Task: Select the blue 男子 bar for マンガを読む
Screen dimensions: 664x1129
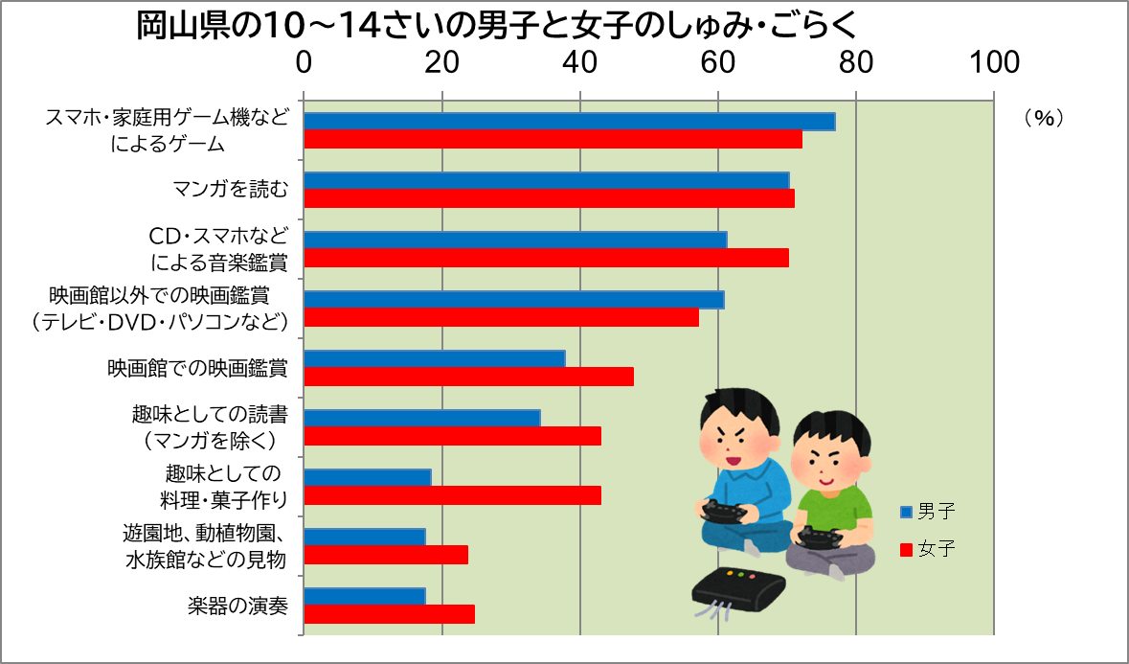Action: coord(546,181)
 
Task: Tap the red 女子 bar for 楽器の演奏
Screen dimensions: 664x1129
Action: coord(389,614)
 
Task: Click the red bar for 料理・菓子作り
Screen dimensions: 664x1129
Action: coord(452,495)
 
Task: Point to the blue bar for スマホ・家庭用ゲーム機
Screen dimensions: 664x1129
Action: coord(569,122)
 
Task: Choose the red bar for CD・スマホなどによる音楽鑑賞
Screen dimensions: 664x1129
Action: coord(546,258)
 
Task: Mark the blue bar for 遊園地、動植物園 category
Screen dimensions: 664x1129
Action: coord(364,537)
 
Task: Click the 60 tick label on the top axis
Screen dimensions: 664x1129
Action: coord(718,62)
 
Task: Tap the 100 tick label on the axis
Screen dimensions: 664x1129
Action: coord(993,62)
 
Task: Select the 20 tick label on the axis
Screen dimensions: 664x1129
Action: coord(441,62)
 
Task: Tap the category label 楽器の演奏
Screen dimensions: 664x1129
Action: coord(237,605)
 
